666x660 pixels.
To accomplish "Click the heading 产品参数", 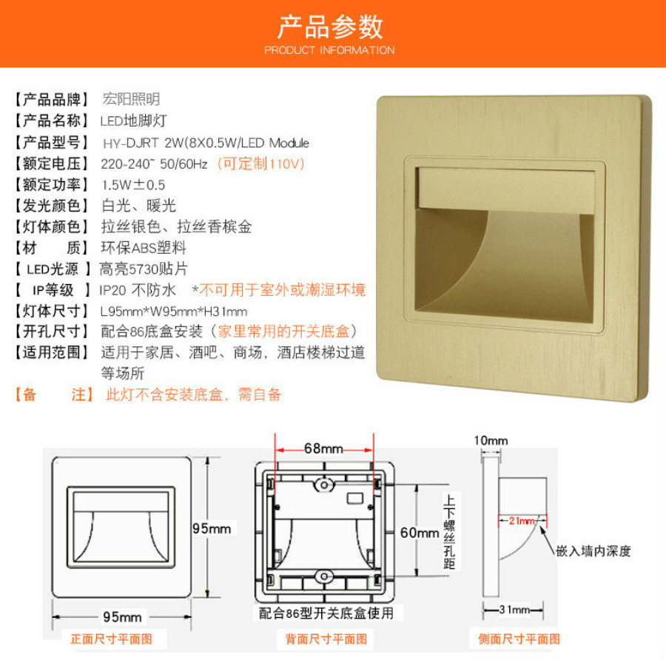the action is (330, 27).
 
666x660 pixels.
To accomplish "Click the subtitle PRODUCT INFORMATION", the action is (329, 50).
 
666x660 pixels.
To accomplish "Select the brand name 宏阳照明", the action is (131, 99).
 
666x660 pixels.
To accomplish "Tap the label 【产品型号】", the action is (52, 143).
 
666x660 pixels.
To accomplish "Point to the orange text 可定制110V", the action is (261, 164).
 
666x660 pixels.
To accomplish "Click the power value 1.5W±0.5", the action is (133, 185).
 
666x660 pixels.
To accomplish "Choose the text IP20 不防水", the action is (138, 290).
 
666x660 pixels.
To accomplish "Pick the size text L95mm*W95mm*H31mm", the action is (174, 312).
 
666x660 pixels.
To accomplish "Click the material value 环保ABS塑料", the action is (144, 248).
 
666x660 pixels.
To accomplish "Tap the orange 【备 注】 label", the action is (54, 394).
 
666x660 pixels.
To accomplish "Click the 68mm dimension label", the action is (323, 448).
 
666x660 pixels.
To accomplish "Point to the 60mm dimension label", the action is (420, 533).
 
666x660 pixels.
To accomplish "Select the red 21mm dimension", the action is (522, 521).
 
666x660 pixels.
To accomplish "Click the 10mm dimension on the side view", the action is (491, 440).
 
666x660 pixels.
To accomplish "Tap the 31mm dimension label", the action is (514, 610).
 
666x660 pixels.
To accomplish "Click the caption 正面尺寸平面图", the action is (111, 639).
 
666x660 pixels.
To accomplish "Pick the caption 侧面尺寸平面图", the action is (519, 639).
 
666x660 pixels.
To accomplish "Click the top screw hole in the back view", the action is (323, 485).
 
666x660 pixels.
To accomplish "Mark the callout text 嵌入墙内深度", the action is (593, 550).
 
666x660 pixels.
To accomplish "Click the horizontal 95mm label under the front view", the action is (122, 616).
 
